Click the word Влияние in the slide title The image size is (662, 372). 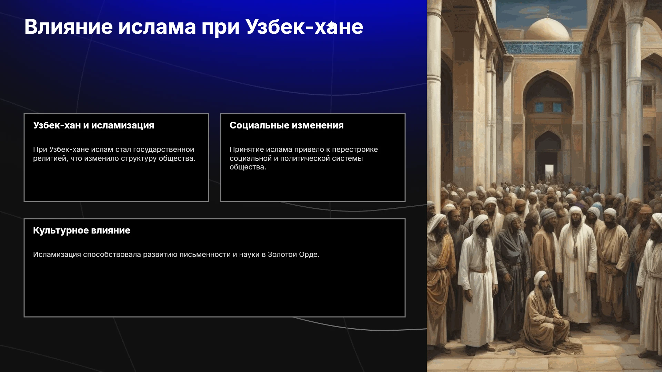click(69, 27)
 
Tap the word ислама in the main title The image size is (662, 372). click(157, 27)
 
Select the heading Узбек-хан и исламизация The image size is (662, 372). click(93, 125)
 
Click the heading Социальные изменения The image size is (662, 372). click(287, 125)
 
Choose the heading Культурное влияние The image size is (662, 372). click(82, 230)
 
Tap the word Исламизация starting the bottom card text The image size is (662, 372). click(57, 255)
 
